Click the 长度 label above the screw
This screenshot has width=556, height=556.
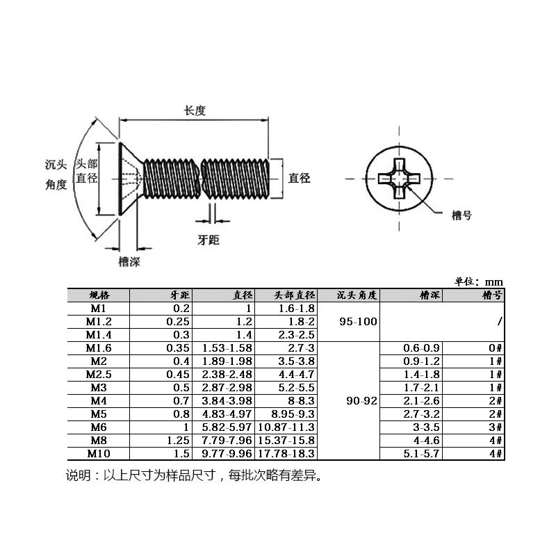coord(195,111)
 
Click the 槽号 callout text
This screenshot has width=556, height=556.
coord(461,215)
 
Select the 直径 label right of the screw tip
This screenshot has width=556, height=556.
coord(300,178)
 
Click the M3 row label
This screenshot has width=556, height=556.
coord(98,388)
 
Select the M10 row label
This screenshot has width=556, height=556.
coord(98,454)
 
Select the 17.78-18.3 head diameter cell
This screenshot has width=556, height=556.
coord(286,454)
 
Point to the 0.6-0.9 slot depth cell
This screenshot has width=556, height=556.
coord(422,348)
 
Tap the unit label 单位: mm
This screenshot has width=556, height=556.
coord(478,281)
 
